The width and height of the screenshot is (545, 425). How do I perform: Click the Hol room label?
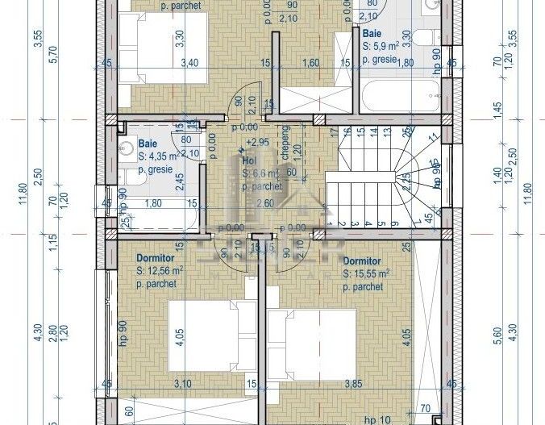248,160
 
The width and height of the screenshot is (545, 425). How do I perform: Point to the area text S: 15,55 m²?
366,274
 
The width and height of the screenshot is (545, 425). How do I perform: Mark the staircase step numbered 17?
333,131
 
